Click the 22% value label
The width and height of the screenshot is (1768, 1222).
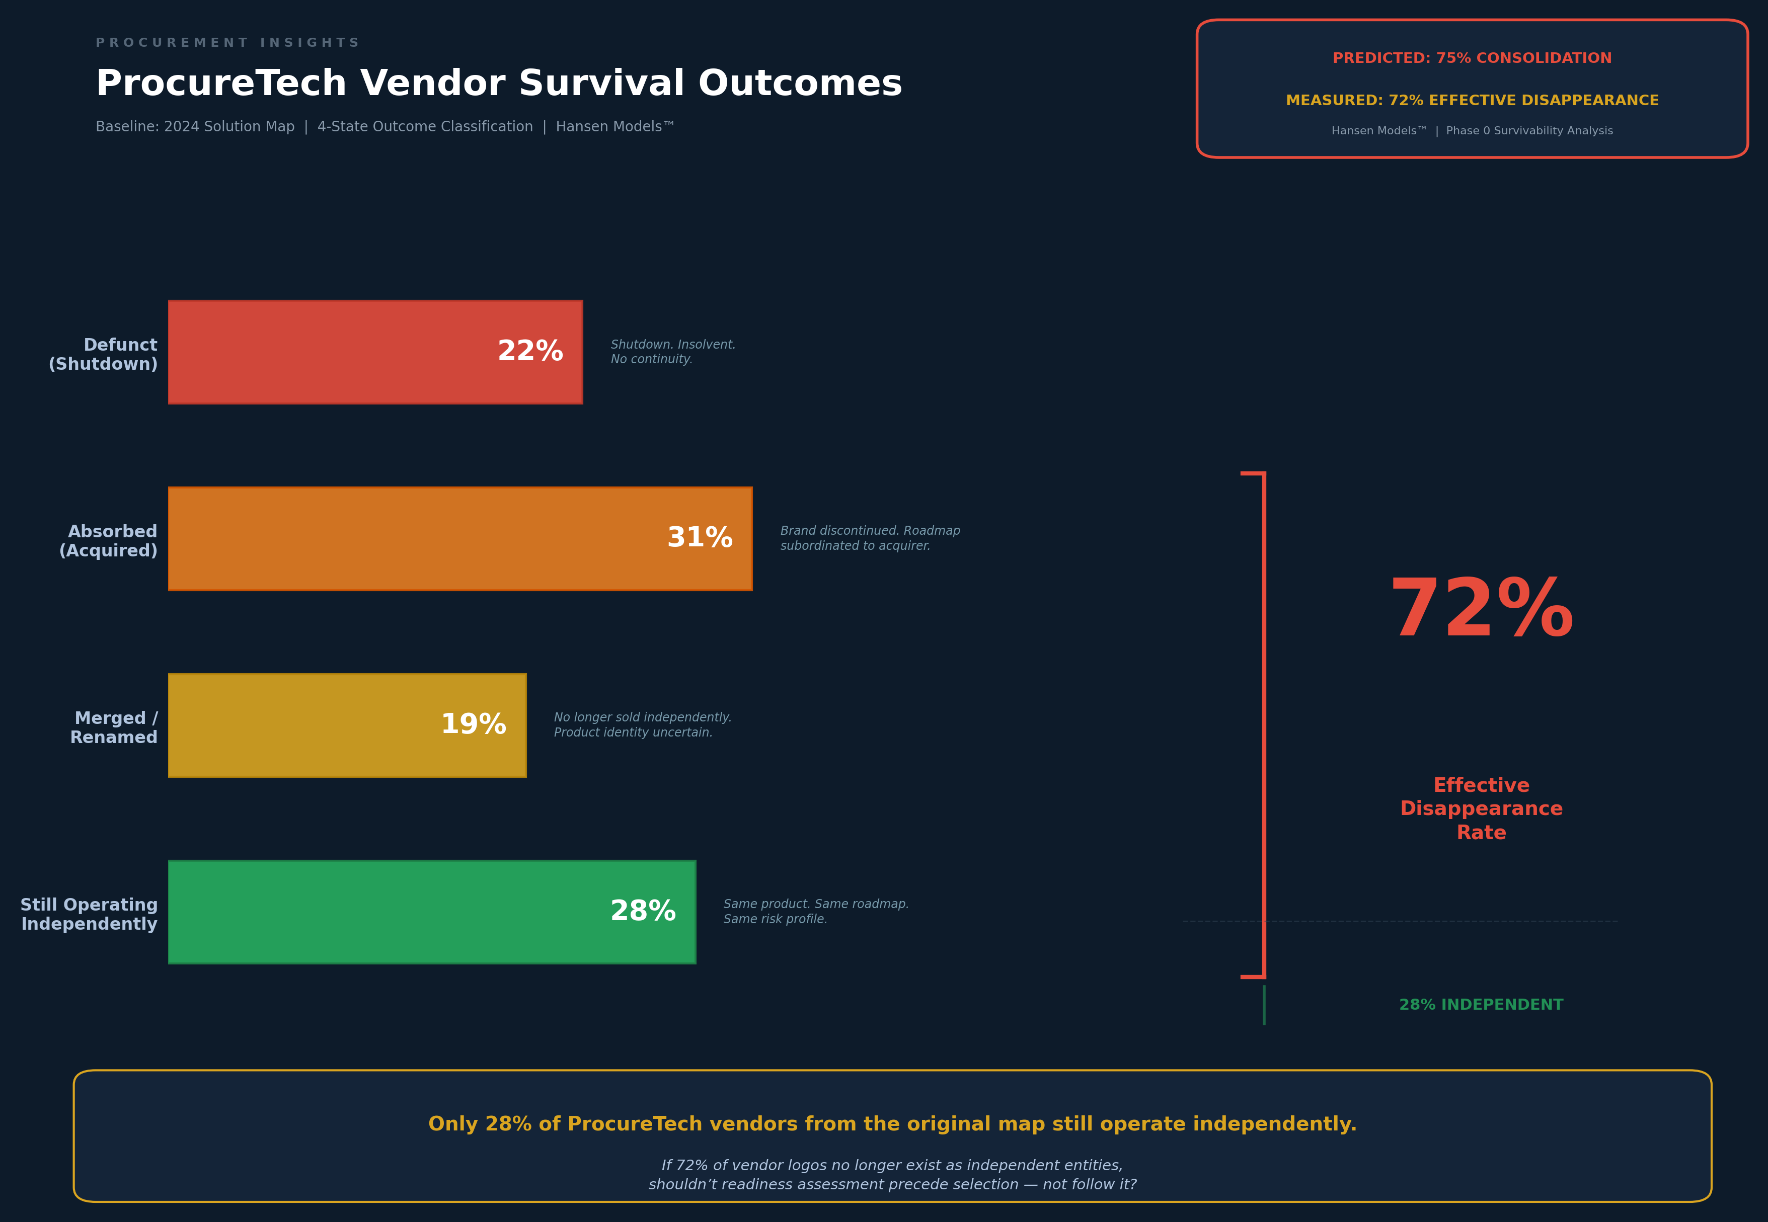(530, 352)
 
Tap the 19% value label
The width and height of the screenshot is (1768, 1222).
(474, 724)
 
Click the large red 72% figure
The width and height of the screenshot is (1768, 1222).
(1481, 610)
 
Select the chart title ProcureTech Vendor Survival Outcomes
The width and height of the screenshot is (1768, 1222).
(499, 84)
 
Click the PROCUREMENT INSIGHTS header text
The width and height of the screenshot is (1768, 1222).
(227, 43)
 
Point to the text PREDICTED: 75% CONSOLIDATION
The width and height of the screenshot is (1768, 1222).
(1472, 58)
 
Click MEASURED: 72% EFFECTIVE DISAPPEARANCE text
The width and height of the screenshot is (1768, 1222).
(1472, 100)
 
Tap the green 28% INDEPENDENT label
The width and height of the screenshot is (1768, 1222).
(1481, 1005)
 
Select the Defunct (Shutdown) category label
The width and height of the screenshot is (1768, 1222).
(103, 355)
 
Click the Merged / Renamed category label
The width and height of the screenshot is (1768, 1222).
(114, 727)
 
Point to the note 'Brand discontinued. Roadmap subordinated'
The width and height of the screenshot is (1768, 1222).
(870, 538)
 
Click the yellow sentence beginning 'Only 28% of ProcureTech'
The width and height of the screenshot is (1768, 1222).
(892, 1124)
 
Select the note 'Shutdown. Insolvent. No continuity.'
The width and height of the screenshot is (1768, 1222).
(672, 352)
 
